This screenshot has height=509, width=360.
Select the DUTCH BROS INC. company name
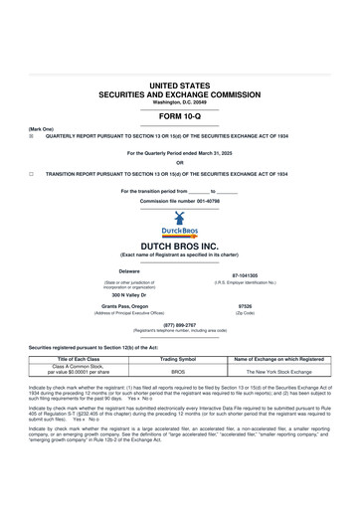[x=179, y=245]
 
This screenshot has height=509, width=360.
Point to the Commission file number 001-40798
[x=179, y=201]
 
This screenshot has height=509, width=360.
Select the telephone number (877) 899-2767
[x=179, y=324]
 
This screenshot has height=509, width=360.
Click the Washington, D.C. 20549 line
[x=179, y=102]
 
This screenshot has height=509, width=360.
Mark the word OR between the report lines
[x=179, y=162]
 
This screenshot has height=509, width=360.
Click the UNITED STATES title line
[x=179, y=87]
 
